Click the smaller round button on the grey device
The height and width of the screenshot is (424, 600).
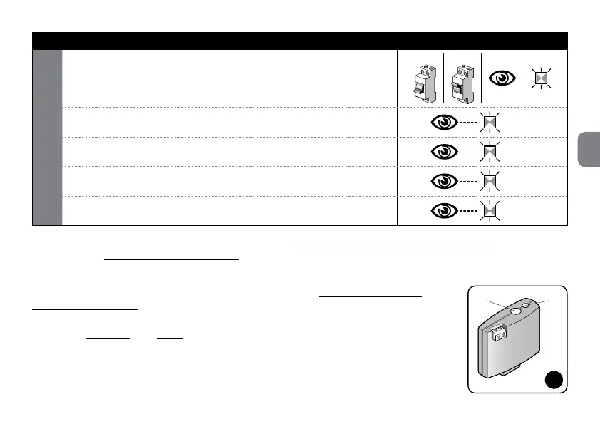(526, 306)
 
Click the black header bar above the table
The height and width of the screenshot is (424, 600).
(300, 41)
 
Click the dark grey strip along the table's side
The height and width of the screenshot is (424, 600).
(48, 137)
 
